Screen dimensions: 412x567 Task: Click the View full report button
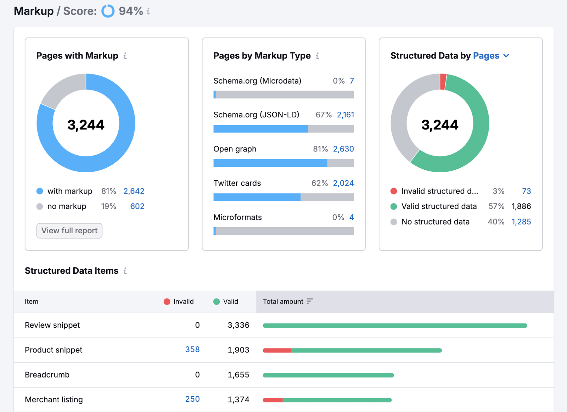point(69,230)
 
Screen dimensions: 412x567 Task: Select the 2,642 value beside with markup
point(134,191)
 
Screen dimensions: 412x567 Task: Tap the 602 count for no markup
point(137,206)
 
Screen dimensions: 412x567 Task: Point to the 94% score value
point(131,11)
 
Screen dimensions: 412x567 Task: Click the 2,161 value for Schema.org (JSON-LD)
point(345,115)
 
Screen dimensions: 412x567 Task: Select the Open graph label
point(235,149)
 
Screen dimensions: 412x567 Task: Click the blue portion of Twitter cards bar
point(257,197)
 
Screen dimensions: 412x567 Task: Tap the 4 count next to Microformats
point(351,217)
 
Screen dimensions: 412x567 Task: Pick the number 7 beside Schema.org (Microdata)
point(352,81)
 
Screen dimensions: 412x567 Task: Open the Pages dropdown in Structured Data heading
point(491,56)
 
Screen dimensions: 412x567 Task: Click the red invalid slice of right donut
point(443,82)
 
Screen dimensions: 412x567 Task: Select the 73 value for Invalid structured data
point(526,191)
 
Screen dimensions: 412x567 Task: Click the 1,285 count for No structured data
point(521,222)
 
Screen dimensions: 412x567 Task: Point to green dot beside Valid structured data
point(393,206)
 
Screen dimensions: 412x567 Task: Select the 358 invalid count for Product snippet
point(192,350)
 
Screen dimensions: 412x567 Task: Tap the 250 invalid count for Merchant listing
point(192,399)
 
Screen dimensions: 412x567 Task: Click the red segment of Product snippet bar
point(277,350)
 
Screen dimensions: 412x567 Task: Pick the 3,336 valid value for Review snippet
point(238,325)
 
